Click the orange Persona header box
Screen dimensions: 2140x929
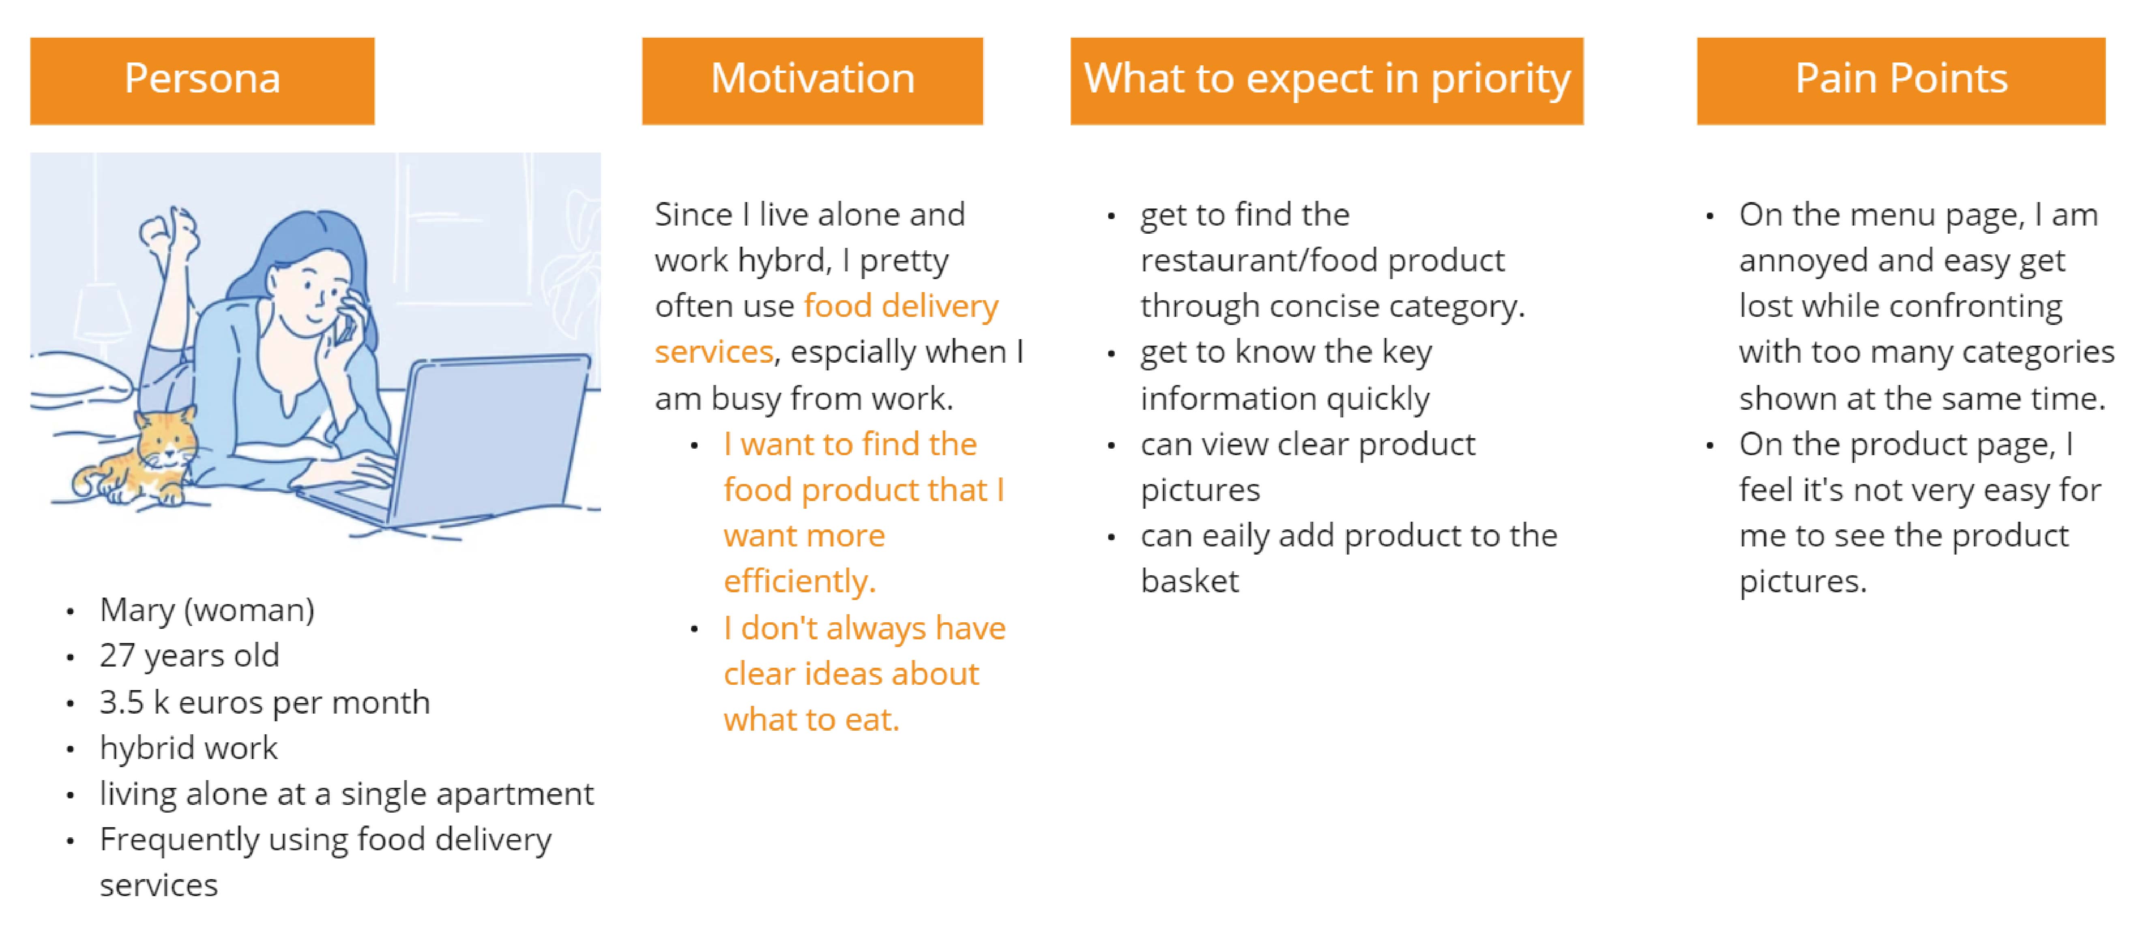point(202,81)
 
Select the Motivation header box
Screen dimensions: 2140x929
point(812,81)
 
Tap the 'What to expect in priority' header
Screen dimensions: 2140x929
point(1326,81)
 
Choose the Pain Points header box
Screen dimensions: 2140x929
point(1901,81)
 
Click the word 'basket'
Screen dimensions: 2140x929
point(1189,581)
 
